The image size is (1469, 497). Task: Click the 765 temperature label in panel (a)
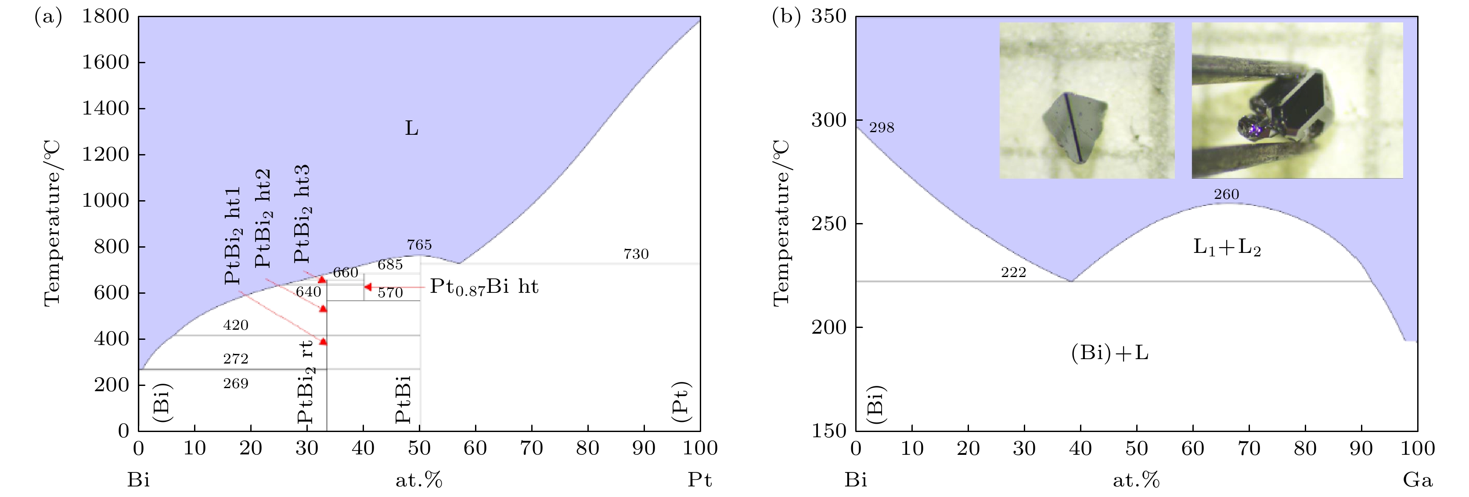click(419, 245)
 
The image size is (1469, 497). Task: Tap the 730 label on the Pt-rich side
click(636, 254)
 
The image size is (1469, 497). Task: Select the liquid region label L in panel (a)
click(412, 128)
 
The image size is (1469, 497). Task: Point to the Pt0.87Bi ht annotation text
click(483, 286)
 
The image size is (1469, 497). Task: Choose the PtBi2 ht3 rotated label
click(302, 213)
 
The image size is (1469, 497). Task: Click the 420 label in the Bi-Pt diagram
click(235, 325)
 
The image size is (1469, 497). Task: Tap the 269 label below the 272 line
click(235, 383)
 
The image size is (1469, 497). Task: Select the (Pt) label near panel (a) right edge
click(681, 402)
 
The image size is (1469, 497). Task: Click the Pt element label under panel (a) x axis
click(700, 480)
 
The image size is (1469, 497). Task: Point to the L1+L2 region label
click(1227, 248)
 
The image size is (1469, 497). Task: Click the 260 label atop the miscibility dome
click(1226, 194)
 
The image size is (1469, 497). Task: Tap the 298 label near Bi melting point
click(882, 128)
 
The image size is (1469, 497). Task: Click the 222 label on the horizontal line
click(1013, 273)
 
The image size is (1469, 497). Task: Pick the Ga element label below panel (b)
click(1418, 480)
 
